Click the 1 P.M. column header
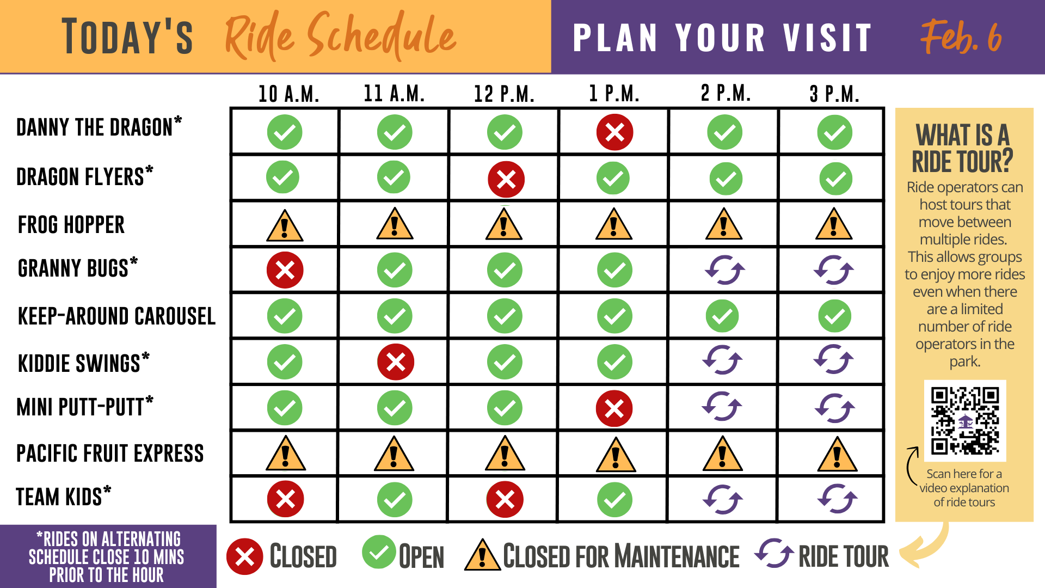click(x=614, y=94)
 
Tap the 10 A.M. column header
click(x=288, y=94)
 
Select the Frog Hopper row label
click(x=71, y=225)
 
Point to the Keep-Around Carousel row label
click(x=116, y=316)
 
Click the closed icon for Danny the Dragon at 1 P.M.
click(x=614, y=132)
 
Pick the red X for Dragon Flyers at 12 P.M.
click(x=506, y=179)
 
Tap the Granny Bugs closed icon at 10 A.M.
click(x=285, y=270)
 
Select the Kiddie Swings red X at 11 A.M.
click(x=396, y=362)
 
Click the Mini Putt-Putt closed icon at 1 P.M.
click(x=614, y=408)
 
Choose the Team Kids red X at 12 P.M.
click(x=505, y=499)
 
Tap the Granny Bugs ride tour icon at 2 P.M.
click(x=724, y=270)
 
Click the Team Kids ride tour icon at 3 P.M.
click(x=837, y=499)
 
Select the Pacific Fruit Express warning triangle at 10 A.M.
click(x=286, y=453)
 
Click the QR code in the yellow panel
click(x=965, y=420)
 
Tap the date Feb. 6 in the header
click(x=961, y=36)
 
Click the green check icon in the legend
click(x=379, y=552)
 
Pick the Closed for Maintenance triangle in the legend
click(x=482, y=555)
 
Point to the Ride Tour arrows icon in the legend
click(x=774, y=553)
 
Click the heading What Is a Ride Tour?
click(x=963, y=148)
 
